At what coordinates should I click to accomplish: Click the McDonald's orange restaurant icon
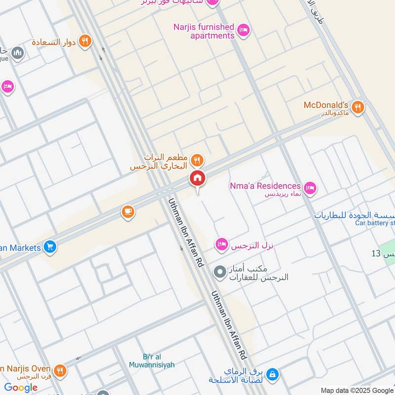tap(358, 107)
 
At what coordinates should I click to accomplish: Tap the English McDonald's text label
tap(326, 105)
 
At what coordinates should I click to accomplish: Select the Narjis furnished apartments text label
tap(203, 31)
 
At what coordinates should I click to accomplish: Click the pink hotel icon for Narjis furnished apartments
tap(243, 31)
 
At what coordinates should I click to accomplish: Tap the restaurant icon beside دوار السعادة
tap(85, 41)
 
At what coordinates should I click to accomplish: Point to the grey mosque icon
tap(17, 53)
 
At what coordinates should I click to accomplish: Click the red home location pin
tap(197, 179)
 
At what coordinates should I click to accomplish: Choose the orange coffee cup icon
tap(128, 212)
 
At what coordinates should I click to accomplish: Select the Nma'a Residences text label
tap(265, 186)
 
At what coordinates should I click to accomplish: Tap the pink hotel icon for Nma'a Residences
tap(310, 188)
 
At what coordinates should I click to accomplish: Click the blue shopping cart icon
tap(49, 247)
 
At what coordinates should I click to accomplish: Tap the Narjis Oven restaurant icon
tap(60, 370)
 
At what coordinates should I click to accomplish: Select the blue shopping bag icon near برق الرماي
tap(272, 375)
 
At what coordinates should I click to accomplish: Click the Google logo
tap(21, 388)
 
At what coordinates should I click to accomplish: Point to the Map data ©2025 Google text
tap(357, 390)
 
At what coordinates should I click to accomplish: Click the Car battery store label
tap(375, 223)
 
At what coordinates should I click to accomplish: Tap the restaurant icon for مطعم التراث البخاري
tap(197, 160)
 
